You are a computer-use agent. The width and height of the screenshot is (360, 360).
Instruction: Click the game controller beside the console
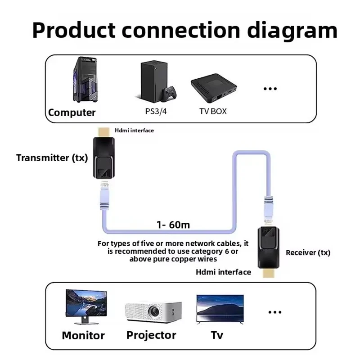[170, 94]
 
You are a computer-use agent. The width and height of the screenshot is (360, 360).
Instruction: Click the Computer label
[72, 112]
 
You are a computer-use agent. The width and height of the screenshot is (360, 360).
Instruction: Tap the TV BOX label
[213, 111]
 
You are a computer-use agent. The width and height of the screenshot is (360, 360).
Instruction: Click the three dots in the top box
[270, 89]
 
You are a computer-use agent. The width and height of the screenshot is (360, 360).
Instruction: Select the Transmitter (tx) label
[52, 158]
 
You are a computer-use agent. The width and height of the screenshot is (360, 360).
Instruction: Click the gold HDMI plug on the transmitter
[103, 132]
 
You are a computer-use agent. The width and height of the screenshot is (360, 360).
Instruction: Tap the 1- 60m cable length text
[173, 225]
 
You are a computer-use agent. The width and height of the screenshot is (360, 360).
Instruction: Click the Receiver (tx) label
[308, 252]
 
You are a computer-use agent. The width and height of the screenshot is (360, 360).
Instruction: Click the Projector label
[151, 335]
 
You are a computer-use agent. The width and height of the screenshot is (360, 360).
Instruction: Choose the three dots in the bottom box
[274, 312]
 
